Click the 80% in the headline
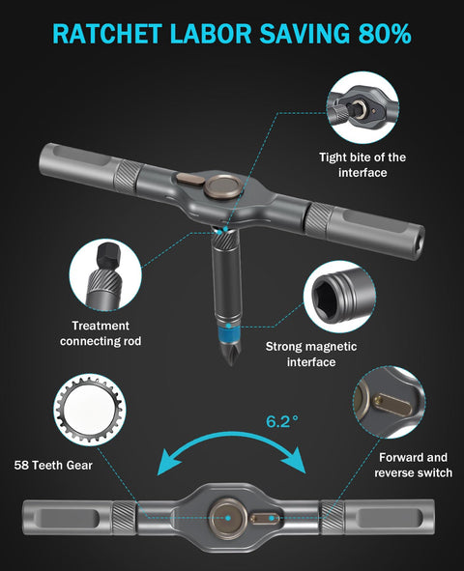coord(386,34)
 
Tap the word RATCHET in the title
coord(107,34)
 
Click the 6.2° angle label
coord(282,421)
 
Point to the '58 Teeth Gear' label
coord(53,465)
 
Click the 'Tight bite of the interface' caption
coord(362,164)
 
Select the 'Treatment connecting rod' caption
coord(101,333)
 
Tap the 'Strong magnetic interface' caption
coord(311,354)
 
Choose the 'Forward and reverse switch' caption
coord(413,465)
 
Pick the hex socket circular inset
coord(339,297)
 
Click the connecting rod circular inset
coord(105,275)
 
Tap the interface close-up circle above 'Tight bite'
coord(362,108)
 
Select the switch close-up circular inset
coord(389,402)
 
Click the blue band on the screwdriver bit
coord(228,332)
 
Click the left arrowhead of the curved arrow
coord(168,461)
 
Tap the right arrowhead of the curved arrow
coord(294,460)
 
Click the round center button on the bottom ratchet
coord(227,518)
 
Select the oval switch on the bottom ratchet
coord(265,518)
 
